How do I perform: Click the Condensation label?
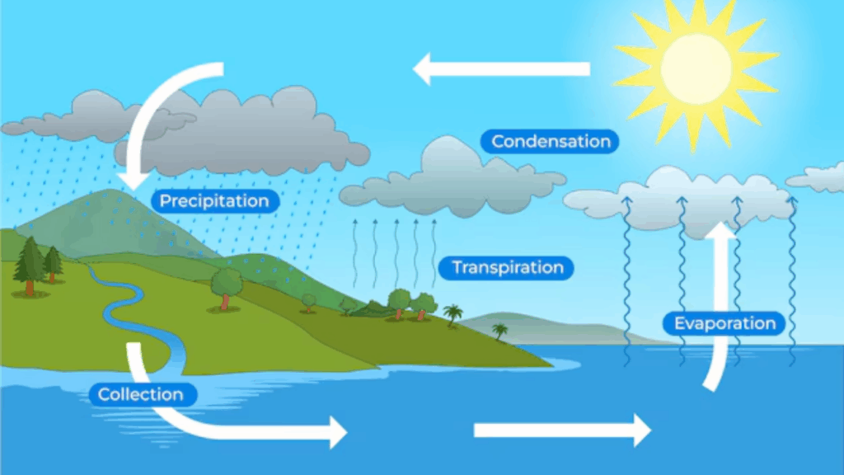tap(550, 142)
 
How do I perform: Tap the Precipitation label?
tap(215, 201)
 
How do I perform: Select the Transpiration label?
tap(506, 268)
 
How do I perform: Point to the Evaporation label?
tap(724, 323)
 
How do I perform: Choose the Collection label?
tap(142, 394)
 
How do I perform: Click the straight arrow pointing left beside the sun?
tap(501, 69)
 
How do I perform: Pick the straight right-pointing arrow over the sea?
tap(562, 430)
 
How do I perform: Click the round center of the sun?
tap(696, 68)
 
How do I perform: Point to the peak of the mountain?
tap(110, 190)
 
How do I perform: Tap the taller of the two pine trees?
tap(30, 266)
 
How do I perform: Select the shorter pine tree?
tap(53, 264)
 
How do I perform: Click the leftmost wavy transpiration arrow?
tap(354, 253)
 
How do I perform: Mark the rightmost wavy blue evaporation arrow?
tap(792, 281)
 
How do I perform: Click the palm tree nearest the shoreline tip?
tap(500, 331)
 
